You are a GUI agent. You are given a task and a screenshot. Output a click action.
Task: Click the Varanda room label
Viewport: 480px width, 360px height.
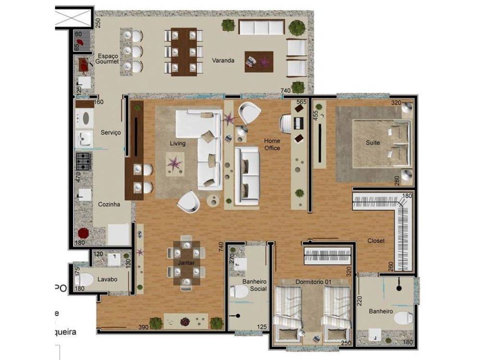tap(223, 61)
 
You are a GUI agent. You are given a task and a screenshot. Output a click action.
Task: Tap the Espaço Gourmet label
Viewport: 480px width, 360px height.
tap(107, 58)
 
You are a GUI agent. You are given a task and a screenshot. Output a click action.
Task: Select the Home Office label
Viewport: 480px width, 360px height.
tap(272, 144)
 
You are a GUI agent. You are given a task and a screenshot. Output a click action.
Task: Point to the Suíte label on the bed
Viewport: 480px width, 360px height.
tap(372, 143)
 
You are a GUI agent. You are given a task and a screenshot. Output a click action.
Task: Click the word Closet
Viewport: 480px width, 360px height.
tap(376, 240)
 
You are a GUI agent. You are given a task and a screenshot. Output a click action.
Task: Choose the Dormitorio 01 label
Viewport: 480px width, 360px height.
tap(312, 282)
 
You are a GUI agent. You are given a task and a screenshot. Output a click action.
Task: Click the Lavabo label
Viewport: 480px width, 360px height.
tap(108, 279)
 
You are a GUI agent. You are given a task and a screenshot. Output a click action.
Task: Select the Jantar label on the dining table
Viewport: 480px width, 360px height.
tap(186, 264)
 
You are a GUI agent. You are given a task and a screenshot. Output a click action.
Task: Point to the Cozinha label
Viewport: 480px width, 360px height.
tap(108, 204)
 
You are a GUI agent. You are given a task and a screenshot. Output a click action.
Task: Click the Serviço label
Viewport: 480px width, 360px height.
tap(110, 132)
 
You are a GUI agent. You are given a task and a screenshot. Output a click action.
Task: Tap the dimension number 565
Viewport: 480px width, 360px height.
tap(301, 102)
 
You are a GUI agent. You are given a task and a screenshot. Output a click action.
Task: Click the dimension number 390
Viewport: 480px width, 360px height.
tap(143, 327)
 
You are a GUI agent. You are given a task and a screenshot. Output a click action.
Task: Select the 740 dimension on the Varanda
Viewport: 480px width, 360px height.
tap(286, 91)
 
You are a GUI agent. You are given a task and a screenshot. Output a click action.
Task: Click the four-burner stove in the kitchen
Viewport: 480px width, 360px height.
tap(84, 161)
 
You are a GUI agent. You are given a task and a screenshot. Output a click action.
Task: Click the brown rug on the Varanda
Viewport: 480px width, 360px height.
tap(259, 61)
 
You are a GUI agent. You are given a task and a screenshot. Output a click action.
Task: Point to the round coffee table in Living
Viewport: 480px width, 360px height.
tap(214, 201)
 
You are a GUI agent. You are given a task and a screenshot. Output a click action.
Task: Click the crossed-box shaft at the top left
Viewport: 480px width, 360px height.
tap(73, 18)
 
